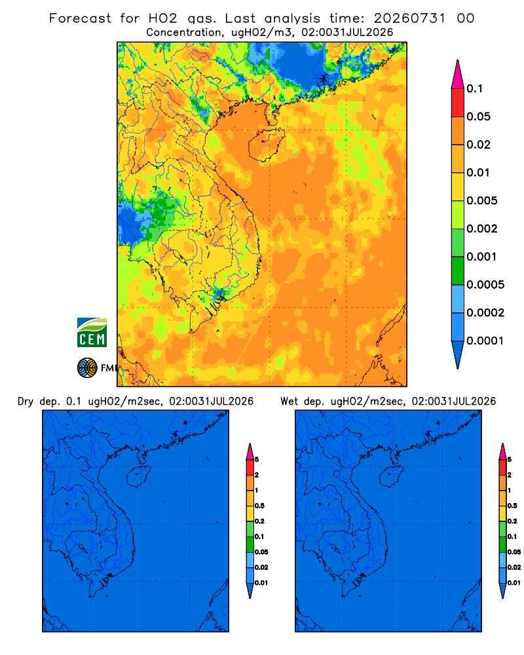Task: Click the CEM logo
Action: (92, 332)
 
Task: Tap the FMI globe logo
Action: (87, 368)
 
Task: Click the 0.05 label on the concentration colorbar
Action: (478, 117)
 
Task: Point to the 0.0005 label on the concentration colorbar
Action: (485, 285)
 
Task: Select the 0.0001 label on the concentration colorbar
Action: (485, 341)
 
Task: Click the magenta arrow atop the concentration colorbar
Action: (458, 75)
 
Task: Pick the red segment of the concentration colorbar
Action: (458, 103)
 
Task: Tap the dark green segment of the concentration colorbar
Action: (458, 271)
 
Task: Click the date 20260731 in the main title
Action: (409, 18)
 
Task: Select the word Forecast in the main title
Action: (80, 18)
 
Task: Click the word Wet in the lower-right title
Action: (289, 402)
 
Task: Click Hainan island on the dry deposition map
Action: (138, 477)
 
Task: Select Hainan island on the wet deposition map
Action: (391, 477)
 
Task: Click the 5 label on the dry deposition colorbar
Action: (257, 460)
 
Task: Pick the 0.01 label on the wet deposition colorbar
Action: (514, 583)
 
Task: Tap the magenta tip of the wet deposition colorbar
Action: (502, 451)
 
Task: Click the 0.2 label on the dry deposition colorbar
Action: (259, 521)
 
